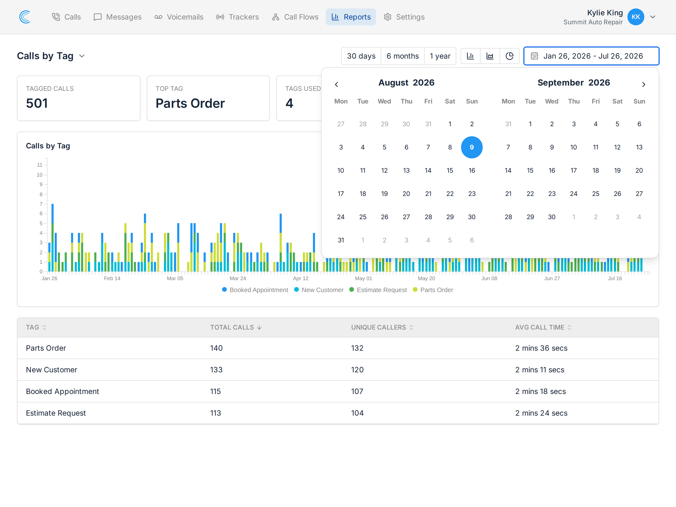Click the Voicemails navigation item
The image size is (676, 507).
(x=179, y=17)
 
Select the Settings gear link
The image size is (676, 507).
(x=404, y=17)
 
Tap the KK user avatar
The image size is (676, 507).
(x=636, y=17)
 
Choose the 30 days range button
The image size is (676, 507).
(x=361, y=56)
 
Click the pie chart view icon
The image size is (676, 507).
(x=509, y=56)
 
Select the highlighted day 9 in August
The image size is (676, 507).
(x=472, y=147)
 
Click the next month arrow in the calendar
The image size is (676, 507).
(x=644, y=84)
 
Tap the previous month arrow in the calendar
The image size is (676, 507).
(x=336, y=84)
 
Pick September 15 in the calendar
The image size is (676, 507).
(x=530, y=171)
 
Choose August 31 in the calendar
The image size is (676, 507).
(x=341, y=240)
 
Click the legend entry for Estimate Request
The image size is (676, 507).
(x=378, y=290)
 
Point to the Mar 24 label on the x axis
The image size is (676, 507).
(x=238, y=278)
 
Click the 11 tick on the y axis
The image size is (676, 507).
(x=40, y=165)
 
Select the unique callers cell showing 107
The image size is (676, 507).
(x=357, y=392)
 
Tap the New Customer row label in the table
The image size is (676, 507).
(x=51, y=370)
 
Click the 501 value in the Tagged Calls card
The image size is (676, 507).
(x=37, y=103)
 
